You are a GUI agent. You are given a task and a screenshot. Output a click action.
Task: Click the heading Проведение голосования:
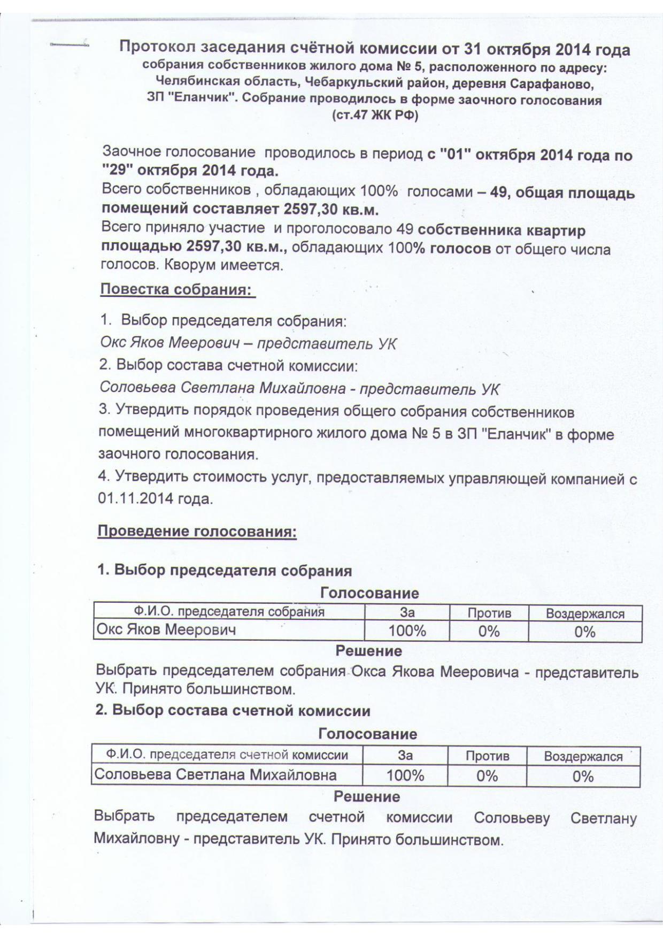(197, 532)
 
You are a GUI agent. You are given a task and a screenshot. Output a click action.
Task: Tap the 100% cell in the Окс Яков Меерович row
(407, 631)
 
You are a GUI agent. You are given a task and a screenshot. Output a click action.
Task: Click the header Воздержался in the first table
(585, 614)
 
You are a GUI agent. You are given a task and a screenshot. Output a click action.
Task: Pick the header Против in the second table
(487, 756)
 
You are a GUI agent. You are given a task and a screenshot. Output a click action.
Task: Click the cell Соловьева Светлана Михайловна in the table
(215, 775)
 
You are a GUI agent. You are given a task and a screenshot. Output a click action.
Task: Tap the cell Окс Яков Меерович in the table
(166, 630)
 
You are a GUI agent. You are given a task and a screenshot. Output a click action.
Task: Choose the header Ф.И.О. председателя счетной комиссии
(227, 755)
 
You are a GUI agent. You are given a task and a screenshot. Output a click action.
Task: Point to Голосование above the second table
(367, 734)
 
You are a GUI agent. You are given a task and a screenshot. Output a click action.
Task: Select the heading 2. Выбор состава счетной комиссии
(233, 711)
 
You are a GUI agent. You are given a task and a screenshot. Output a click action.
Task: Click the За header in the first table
(407, 613)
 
